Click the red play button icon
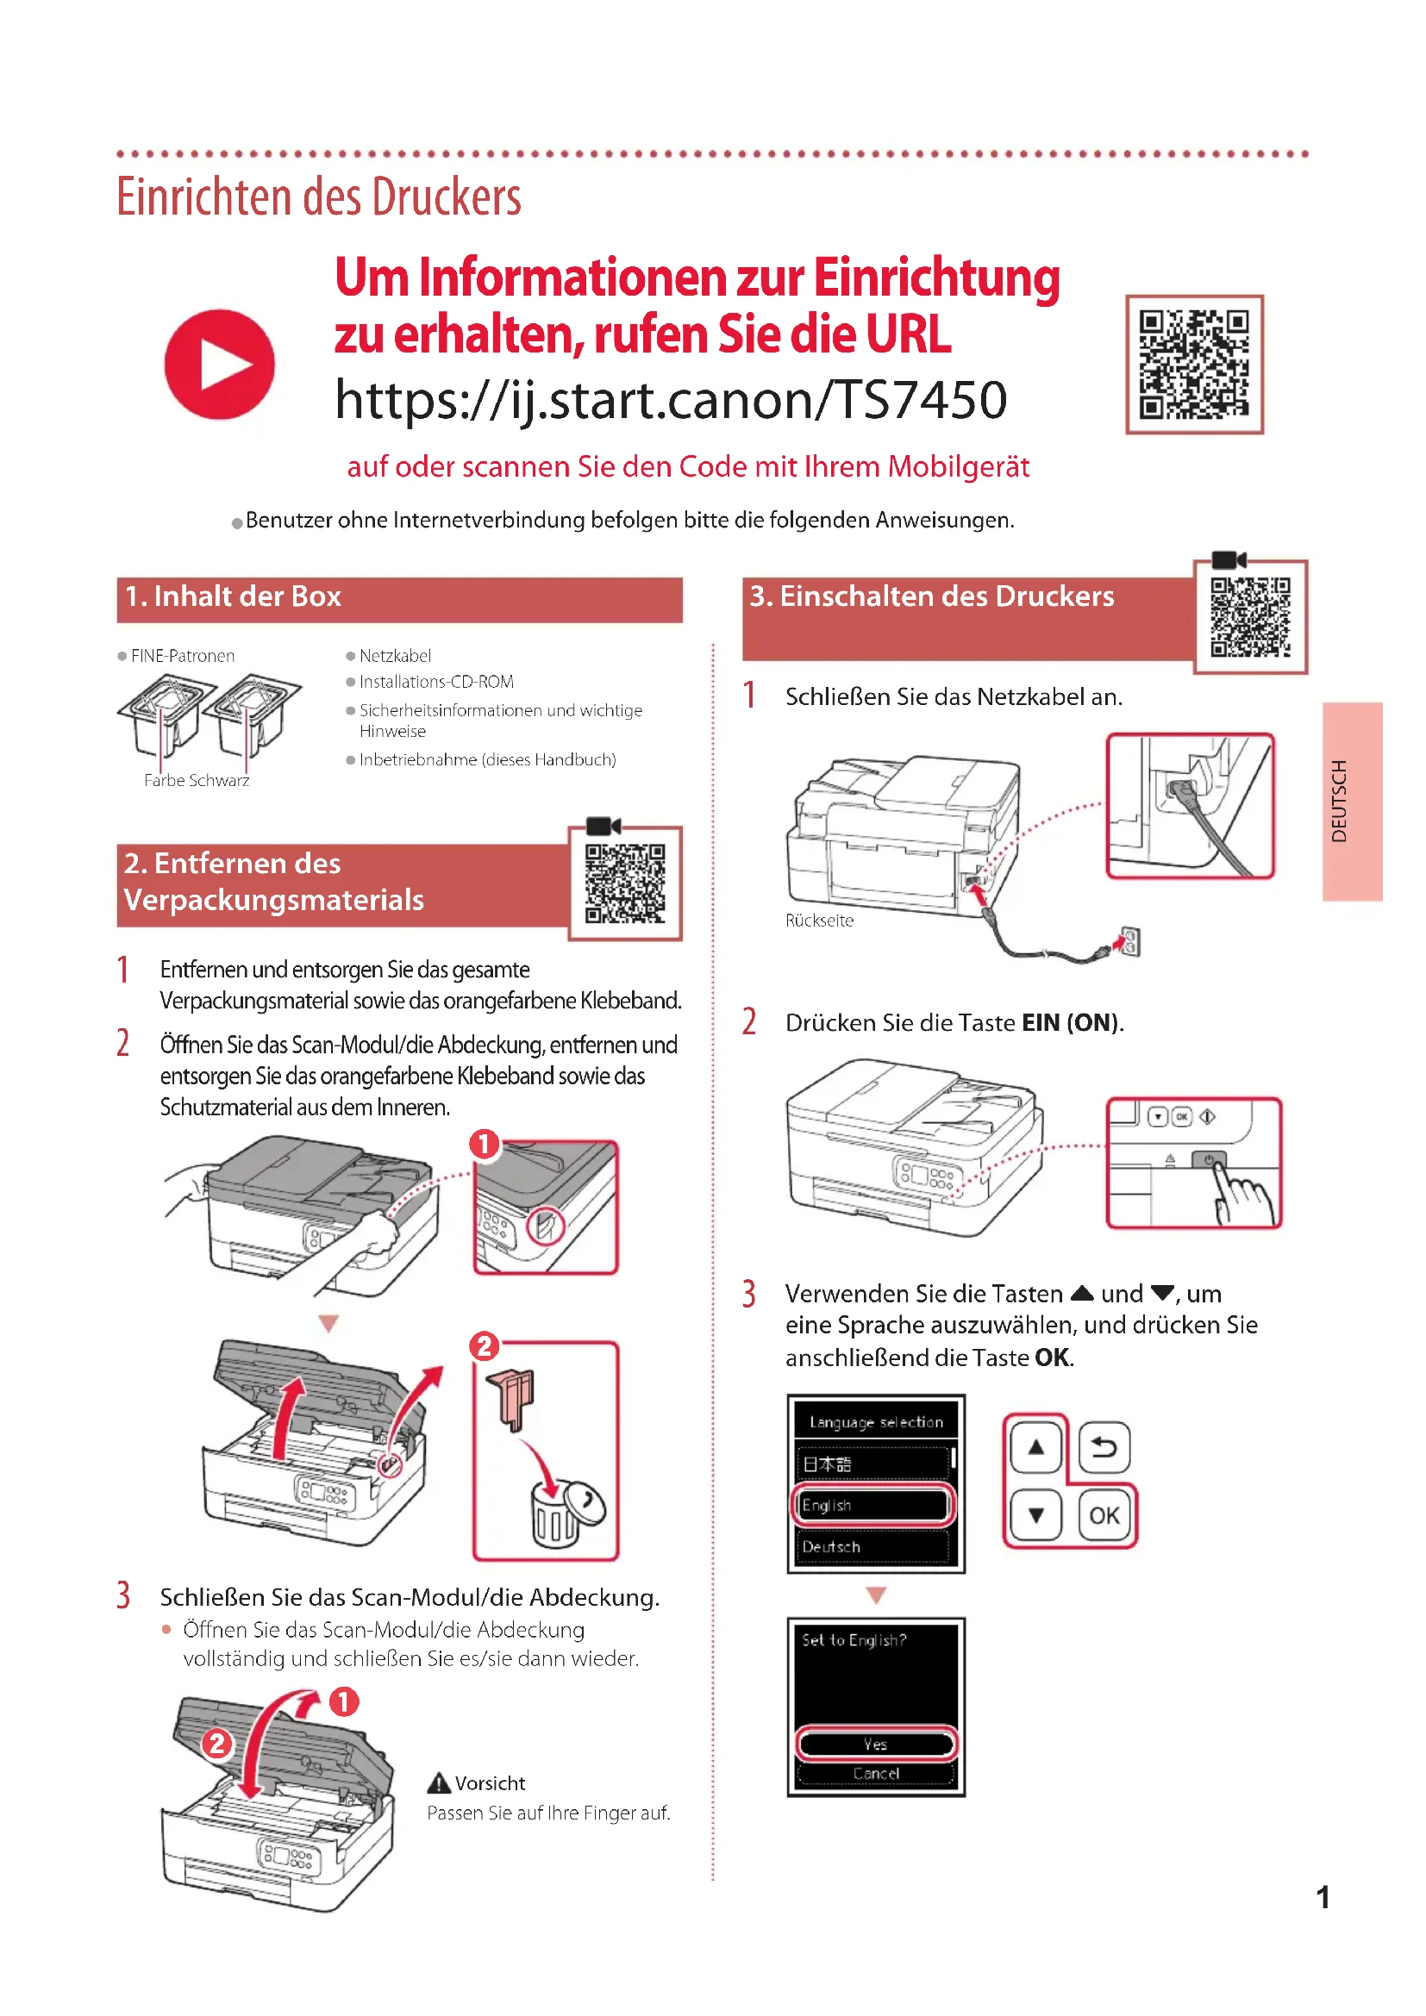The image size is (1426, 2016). pyautogui.click(x=220, y=365)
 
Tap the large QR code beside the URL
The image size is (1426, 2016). pyautogui.click(x=1194, y=365)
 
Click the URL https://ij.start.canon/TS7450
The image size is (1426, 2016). pyautogui.click(x=671, y=400)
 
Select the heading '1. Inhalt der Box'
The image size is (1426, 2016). pyautogui.click(x=233, y=597)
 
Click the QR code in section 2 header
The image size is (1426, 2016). pyautogui.click(x=625, y=883)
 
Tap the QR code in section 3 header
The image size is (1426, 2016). pyautogui.click(x=1250, y=617)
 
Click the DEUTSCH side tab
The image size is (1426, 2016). pyautogui.click(x=1351, y=801)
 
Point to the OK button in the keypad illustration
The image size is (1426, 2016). pyautogui.click(x=1104, y=1514)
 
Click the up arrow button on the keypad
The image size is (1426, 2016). pyautogui.click(x=1036, y=1447)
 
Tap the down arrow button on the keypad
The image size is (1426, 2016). pyautogui.click(x=1036, y=1514)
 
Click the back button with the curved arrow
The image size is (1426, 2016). pyautogui.click(x=1104, y=1447)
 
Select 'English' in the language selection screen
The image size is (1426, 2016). pyautogui.click(x=873, y=1505)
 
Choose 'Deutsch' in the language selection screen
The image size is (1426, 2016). pyautogui.click(x=873, y=1546)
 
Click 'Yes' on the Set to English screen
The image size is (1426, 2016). pyautogui.click(x=875, y=1744)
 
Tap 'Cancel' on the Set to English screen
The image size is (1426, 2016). pyautogui.click(x=875, y=1774)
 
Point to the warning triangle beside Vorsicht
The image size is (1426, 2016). pyautogui.click(x=438, y=1783)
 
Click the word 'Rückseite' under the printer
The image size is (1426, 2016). pyautogui.click(x=819, y=921)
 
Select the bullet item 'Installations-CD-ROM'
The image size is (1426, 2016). pyautogui.click(x=435, y=682)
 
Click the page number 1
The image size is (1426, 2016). pyautogui.click(x=1323, y=1897)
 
